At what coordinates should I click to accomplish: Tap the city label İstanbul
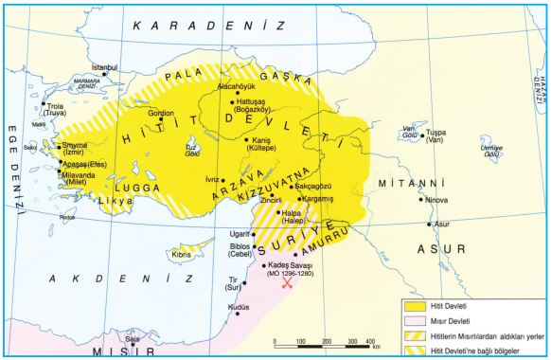click(104, 68)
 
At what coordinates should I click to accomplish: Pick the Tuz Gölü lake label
click(190, 153)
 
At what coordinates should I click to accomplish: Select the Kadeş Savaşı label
click(291, 266)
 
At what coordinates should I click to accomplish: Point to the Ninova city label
click(437, 200)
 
